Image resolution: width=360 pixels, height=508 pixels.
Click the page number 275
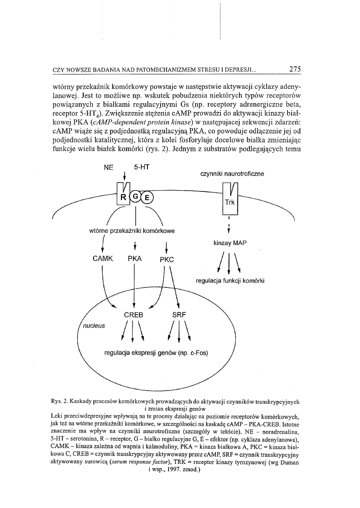coord(295,69)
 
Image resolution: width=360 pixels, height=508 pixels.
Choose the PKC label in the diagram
coord(167,260)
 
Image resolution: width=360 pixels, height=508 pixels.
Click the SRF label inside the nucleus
coord(179,315)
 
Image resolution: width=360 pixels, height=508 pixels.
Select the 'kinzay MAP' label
coord(230,243)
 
